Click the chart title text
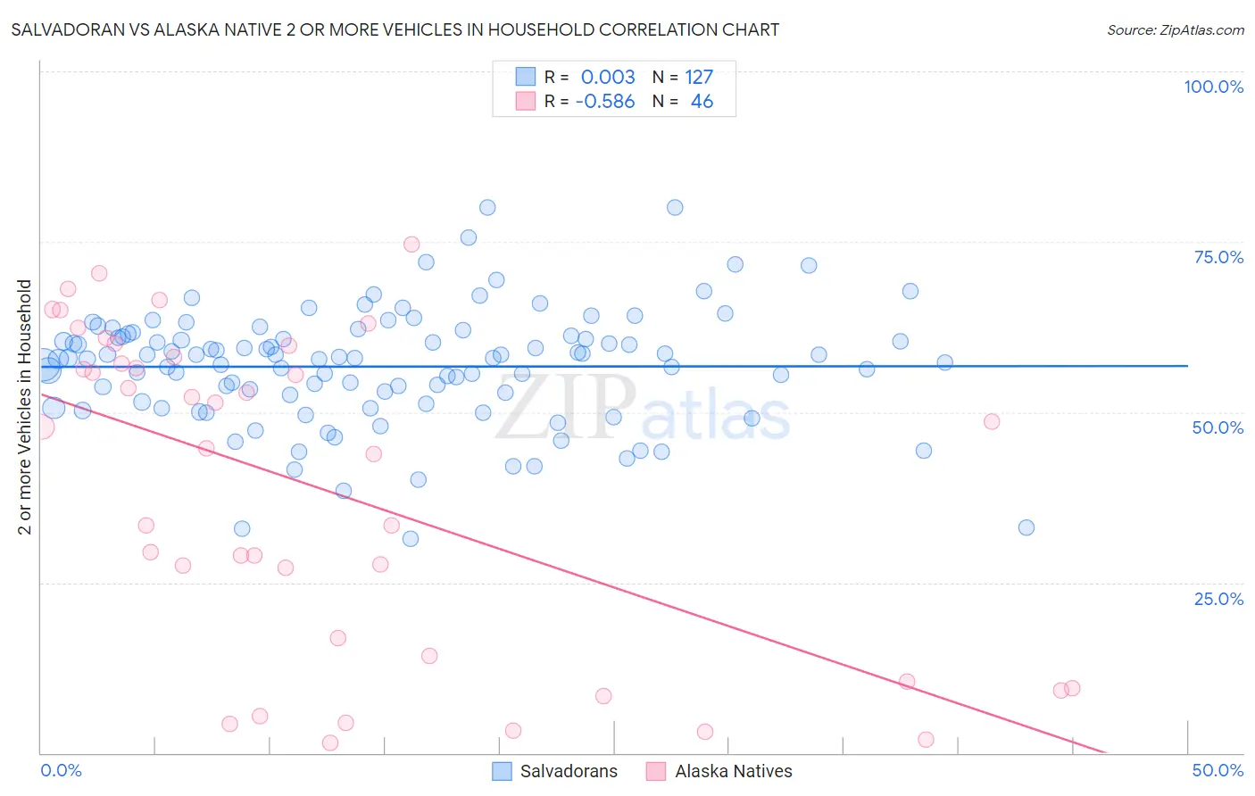(395, 29)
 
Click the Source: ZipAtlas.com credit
(1175, 29)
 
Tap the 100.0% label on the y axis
(1213, 87)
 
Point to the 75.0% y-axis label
(1218, 257)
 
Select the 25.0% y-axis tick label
(1218, 598)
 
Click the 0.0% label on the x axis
(61, 770)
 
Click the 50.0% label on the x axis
(1218, 770)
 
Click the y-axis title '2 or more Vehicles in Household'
(25, 407)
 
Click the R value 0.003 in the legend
(608, 78)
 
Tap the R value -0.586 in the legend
(605, 102)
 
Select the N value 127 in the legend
(699, 78)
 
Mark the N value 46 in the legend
(702, 102)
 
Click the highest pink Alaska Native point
(411, 245)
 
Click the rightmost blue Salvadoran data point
(1026, 527)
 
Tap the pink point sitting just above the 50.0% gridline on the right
(992, 421)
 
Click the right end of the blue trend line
(1187, 366)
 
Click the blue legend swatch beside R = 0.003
(526, 78)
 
